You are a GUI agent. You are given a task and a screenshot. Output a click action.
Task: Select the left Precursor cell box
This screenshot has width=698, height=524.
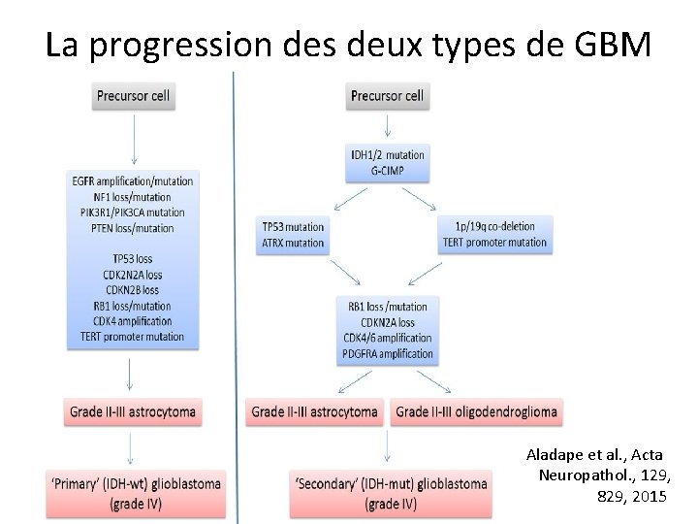133,96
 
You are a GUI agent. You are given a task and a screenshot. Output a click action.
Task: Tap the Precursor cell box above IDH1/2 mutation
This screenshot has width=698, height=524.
388,96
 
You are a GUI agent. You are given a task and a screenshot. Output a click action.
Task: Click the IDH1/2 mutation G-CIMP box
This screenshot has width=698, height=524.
388,162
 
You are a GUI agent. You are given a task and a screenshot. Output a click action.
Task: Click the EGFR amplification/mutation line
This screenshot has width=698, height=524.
132,180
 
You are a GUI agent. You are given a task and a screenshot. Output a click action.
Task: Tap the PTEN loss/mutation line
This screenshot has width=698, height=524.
132,228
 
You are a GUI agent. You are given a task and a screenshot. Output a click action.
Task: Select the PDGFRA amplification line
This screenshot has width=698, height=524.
388,353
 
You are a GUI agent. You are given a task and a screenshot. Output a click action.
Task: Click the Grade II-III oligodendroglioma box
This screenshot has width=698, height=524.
477,411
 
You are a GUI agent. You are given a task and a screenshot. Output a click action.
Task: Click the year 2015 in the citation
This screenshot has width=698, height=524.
644,497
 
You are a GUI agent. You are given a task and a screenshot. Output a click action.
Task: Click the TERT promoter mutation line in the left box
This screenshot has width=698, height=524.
132,337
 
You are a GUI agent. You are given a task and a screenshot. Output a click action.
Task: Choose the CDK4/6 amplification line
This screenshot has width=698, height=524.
388,338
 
